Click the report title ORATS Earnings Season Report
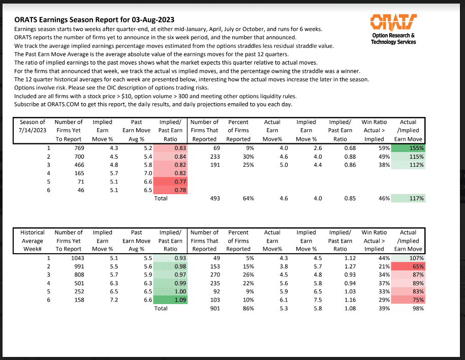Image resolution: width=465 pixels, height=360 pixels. (94, 20)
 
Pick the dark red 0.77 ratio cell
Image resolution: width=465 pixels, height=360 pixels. (171, 182)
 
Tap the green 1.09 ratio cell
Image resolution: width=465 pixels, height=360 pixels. (171, 300)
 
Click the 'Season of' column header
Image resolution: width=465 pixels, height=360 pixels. (33, 122)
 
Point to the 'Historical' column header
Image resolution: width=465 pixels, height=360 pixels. (33, 232)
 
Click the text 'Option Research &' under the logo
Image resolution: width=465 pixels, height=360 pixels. (393, 36)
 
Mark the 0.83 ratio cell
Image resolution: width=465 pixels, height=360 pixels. (171, 148)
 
